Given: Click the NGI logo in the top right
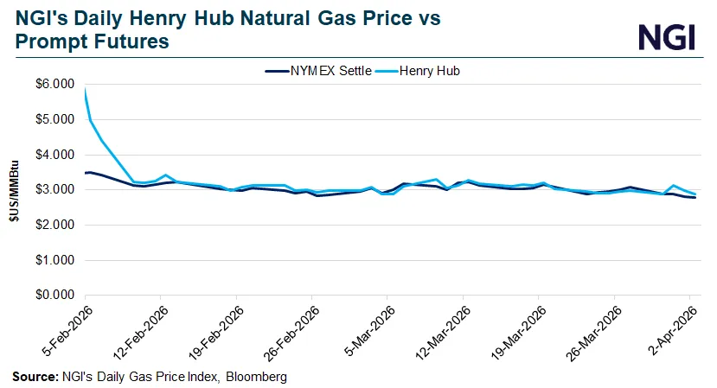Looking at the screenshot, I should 667,36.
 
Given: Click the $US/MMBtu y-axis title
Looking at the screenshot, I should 15,190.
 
